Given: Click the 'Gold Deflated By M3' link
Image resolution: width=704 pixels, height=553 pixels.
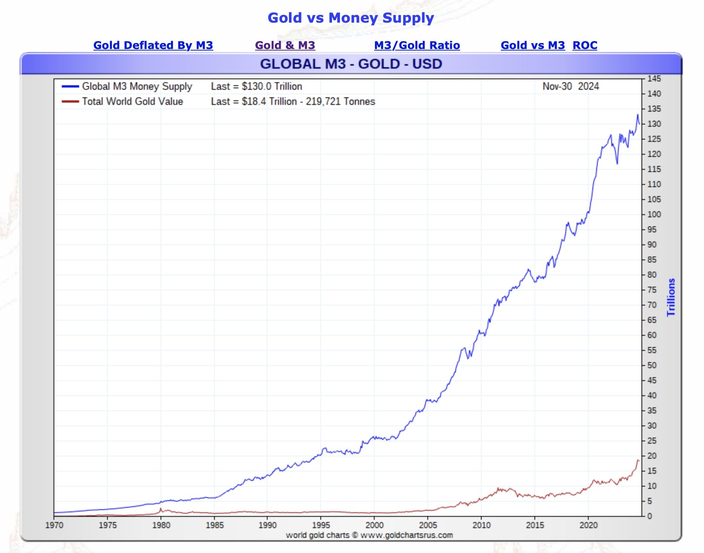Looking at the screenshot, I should (153, 45).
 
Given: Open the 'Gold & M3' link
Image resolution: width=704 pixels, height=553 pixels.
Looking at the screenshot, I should (285, 45).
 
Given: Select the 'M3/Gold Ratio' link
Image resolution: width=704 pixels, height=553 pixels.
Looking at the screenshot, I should (417, 45).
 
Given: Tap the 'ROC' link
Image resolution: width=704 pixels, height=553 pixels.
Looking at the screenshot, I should (585, 45).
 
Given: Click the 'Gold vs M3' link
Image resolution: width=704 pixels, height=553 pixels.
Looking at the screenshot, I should (533, 45).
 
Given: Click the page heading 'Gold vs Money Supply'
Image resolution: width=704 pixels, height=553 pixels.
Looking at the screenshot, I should (350, 18).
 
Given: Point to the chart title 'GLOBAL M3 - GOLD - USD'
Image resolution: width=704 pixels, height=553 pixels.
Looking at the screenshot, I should (351, 64).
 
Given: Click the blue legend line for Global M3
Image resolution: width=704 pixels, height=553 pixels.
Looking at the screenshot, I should (70, 86).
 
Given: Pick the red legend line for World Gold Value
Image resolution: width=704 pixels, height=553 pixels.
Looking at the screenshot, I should (70, 101).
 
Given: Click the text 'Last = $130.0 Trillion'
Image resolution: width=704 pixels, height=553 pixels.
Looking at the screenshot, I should (256, 86).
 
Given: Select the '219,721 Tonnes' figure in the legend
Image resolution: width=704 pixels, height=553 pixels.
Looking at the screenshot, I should (340, 101).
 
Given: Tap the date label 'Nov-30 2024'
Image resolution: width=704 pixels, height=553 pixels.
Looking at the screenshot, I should (570, 86).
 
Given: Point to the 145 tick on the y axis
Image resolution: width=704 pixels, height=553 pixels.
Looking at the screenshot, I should (654, 79).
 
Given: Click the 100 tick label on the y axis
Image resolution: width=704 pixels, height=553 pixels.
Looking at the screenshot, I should (654, 214).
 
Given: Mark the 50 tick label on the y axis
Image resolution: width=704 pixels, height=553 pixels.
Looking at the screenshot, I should (652, 365).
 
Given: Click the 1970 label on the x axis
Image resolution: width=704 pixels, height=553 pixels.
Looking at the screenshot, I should (54, 525).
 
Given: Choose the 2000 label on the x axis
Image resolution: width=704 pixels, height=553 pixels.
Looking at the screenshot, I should (375, 525).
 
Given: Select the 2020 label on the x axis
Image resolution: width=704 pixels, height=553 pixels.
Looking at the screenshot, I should (588, 525).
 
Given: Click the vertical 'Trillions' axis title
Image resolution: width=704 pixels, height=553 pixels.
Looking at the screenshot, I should (671, 297).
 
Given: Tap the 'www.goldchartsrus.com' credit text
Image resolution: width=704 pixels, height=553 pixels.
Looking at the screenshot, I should (406, 535).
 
